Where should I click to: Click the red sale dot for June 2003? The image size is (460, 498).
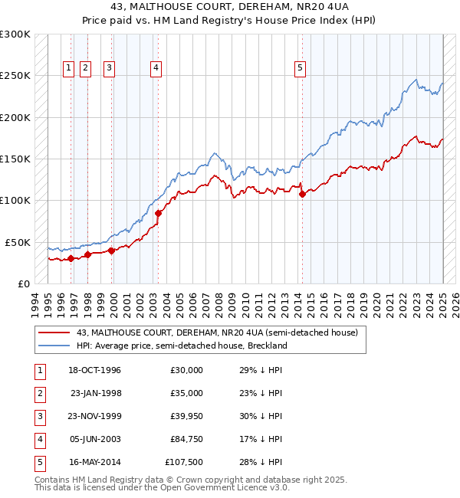point(158,213)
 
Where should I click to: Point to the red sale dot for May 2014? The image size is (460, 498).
point(302,194)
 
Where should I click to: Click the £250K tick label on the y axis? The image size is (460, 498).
point(15,76)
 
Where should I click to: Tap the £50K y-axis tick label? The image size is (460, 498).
point(18,242)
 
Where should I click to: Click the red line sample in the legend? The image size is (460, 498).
point(54,333)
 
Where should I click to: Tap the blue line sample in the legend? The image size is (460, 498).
point(54,346)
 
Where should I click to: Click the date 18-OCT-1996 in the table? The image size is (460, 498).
point(95,370)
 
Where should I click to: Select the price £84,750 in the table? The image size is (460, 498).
point(187,439)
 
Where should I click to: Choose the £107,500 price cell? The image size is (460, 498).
point(185,462)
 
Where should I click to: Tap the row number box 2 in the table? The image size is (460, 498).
point(39,393)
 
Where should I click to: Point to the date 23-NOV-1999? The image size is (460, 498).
point(95,416)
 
